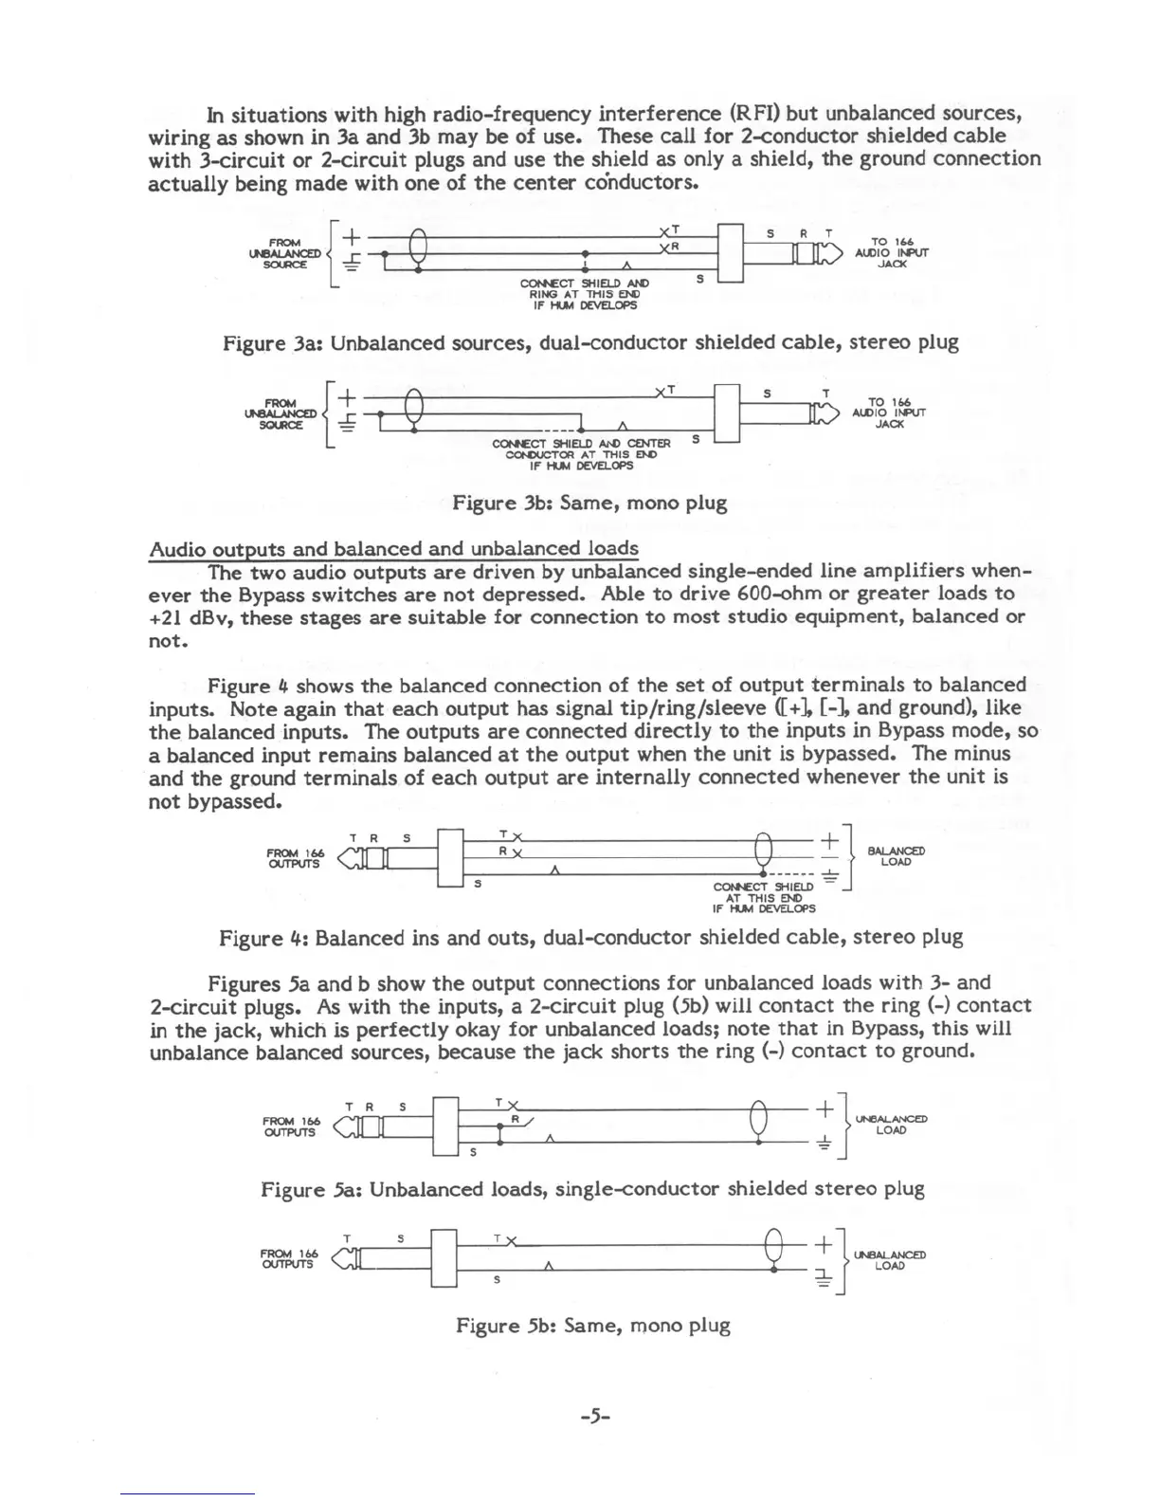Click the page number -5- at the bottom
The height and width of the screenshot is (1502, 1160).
pos(594,1418)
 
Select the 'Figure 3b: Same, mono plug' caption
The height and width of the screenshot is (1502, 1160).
pos(589,503)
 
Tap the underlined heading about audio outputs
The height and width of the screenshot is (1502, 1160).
pos(393,549)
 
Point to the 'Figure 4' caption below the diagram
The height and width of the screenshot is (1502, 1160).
pos(590,938)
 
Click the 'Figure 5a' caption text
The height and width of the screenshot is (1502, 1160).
pos(592,1189)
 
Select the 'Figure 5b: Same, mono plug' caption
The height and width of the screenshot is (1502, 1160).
pos(592,1326)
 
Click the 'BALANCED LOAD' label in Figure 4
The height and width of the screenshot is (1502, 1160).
pos(896,856)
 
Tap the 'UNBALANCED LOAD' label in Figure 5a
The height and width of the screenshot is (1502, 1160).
pos(891,1125)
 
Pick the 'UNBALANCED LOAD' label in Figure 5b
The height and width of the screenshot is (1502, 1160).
pos(889,1260)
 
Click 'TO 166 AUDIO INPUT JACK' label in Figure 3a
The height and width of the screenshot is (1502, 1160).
pos(891,253)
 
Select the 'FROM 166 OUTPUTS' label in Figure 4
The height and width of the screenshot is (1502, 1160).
pos(293,858)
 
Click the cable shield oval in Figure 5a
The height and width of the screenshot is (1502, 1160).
pos(757,1121)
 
